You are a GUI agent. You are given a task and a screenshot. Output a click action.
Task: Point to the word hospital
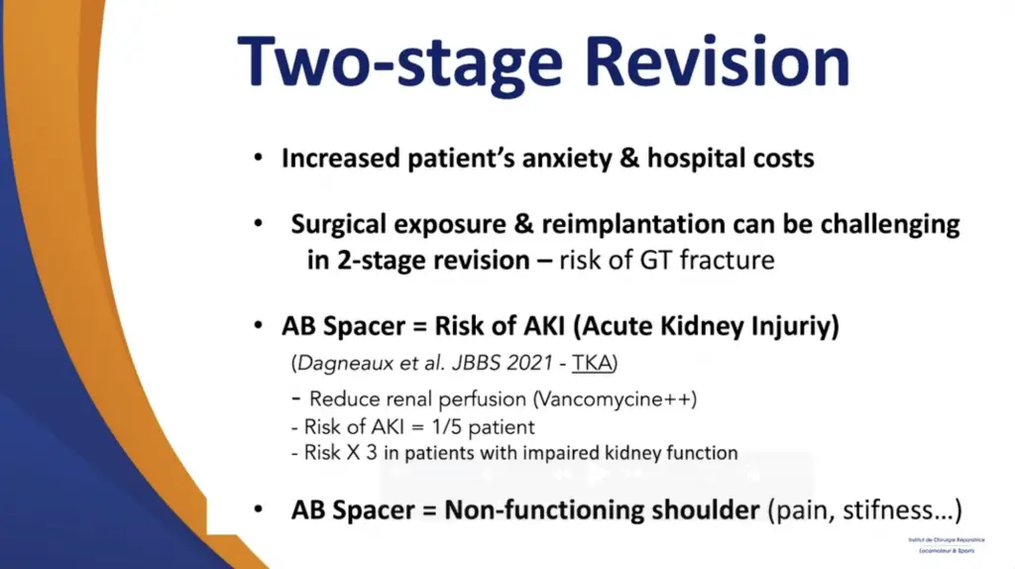[698, 159]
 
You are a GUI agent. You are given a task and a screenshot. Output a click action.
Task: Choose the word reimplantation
[580, 224]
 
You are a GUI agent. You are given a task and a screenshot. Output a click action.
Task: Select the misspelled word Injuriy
[787, 327]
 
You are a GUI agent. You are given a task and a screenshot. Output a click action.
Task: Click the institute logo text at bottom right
[941, 543]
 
